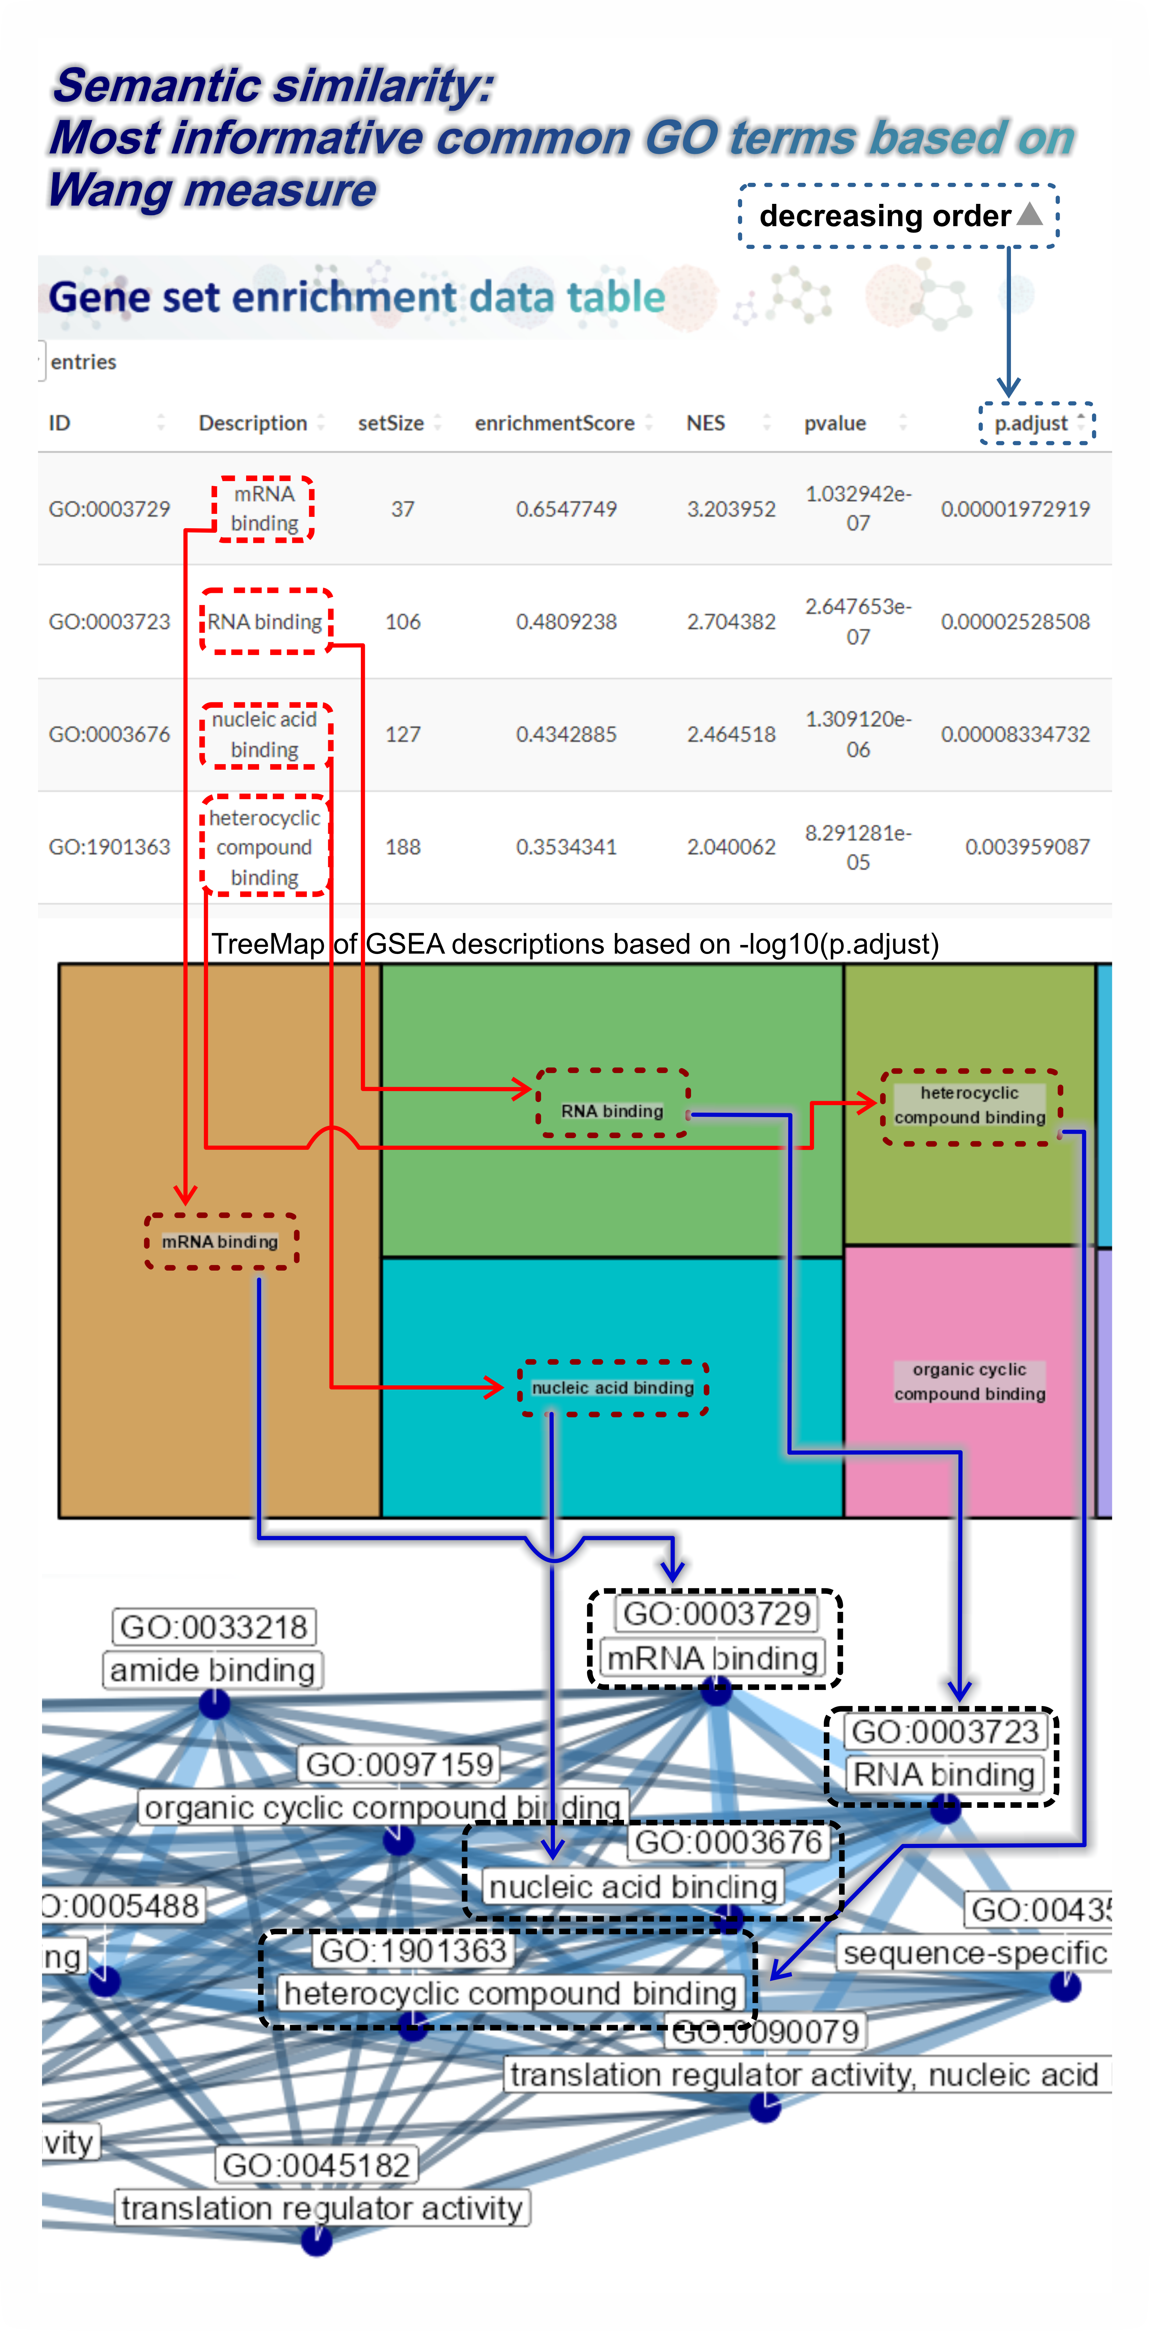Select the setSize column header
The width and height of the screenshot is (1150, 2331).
click(x=391, y=423)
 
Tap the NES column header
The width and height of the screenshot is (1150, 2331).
click(x=706, y=423)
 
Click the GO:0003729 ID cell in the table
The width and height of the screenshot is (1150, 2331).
click(x=109, y=509)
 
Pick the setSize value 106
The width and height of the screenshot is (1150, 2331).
click(x=403, y=622)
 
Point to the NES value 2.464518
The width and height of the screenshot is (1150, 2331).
click(x=731, y=734)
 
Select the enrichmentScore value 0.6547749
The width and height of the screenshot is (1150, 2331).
click(x=566, y=509)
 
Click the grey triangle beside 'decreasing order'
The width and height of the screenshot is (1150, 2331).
click(x=1030, y=214)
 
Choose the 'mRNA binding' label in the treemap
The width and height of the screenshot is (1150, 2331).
click(x=220, y=1242)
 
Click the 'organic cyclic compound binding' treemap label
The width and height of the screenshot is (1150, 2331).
click(x=970, y=1382)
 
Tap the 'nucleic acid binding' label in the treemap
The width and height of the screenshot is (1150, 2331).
click(x=613, y=1387)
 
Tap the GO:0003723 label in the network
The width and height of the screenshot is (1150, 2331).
click(x=945, y=1731)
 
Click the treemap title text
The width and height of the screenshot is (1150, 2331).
click(x=575, y=944)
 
